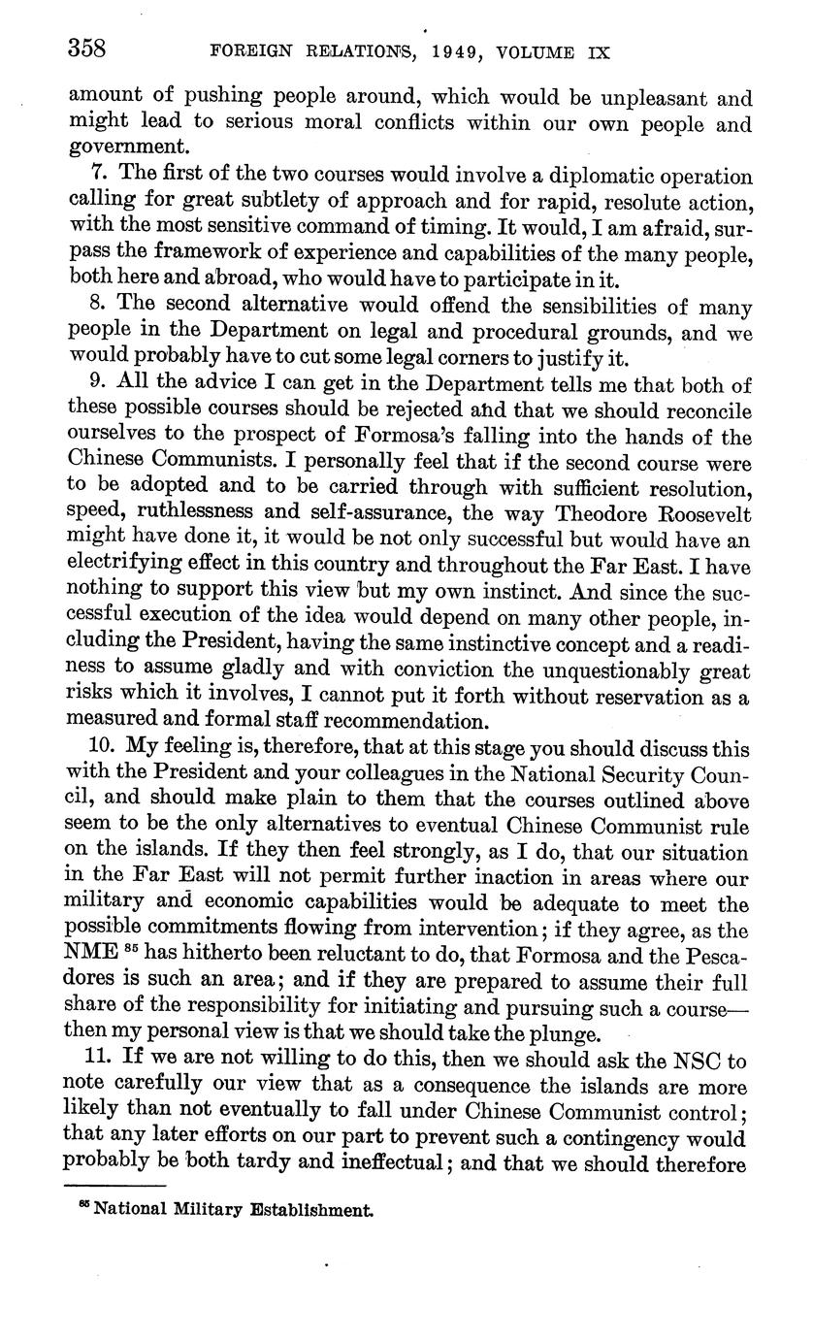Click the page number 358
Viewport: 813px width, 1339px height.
pos(86,49)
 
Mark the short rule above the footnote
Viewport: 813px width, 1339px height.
pos(115,1184)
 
